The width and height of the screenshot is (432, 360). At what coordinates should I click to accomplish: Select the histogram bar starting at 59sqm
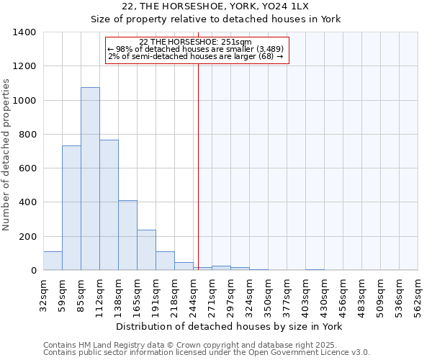click(71, 208)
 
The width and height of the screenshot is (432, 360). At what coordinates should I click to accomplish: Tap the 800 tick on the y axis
click(28, 135)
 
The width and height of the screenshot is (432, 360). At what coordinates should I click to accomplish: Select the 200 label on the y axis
click(28, 237)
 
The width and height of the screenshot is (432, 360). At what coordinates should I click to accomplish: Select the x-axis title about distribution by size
click(230, 326)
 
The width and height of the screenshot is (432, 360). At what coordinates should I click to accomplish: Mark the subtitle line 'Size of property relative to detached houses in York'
click(216, 19)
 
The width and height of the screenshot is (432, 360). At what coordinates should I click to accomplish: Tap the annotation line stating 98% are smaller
click(195, 49)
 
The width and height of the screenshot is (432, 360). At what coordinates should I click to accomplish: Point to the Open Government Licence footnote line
click(207, 353)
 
